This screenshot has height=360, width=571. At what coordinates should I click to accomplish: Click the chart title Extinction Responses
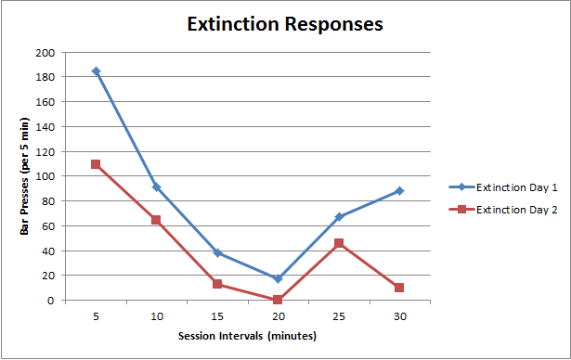point(284,25)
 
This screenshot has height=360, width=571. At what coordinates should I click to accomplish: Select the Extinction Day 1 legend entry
point(516,186)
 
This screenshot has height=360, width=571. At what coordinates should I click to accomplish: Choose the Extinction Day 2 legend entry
point(516,210)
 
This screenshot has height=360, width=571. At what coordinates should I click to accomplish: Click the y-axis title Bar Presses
point(27,176)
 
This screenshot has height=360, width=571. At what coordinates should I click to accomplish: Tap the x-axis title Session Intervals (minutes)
point(248,336)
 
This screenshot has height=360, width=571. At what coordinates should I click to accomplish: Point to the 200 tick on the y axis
point(45,52)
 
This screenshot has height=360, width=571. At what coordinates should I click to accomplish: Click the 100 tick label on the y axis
point(45,176)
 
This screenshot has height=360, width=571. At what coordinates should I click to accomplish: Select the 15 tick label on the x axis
point(217,316)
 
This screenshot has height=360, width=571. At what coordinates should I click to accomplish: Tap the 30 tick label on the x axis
point(399,316)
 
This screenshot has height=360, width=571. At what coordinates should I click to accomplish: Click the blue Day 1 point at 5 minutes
point(96,71)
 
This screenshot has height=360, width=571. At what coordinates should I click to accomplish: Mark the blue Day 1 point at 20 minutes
point(278,278)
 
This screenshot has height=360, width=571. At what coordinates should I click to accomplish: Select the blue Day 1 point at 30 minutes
point(399,190)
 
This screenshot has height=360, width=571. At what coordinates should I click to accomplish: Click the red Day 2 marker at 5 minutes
point(96,164)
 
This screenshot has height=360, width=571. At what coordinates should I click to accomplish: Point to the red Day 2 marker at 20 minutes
point(278,300)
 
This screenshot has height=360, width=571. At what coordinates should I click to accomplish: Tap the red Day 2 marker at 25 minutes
point(339,243)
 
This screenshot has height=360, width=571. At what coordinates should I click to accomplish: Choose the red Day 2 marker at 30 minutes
point(399,288)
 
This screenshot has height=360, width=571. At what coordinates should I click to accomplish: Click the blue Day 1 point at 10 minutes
point(156,186)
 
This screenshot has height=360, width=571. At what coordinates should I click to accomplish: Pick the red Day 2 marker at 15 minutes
point(217,284)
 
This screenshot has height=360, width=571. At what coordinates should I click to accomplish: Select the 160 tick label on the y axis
point(45,102)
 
